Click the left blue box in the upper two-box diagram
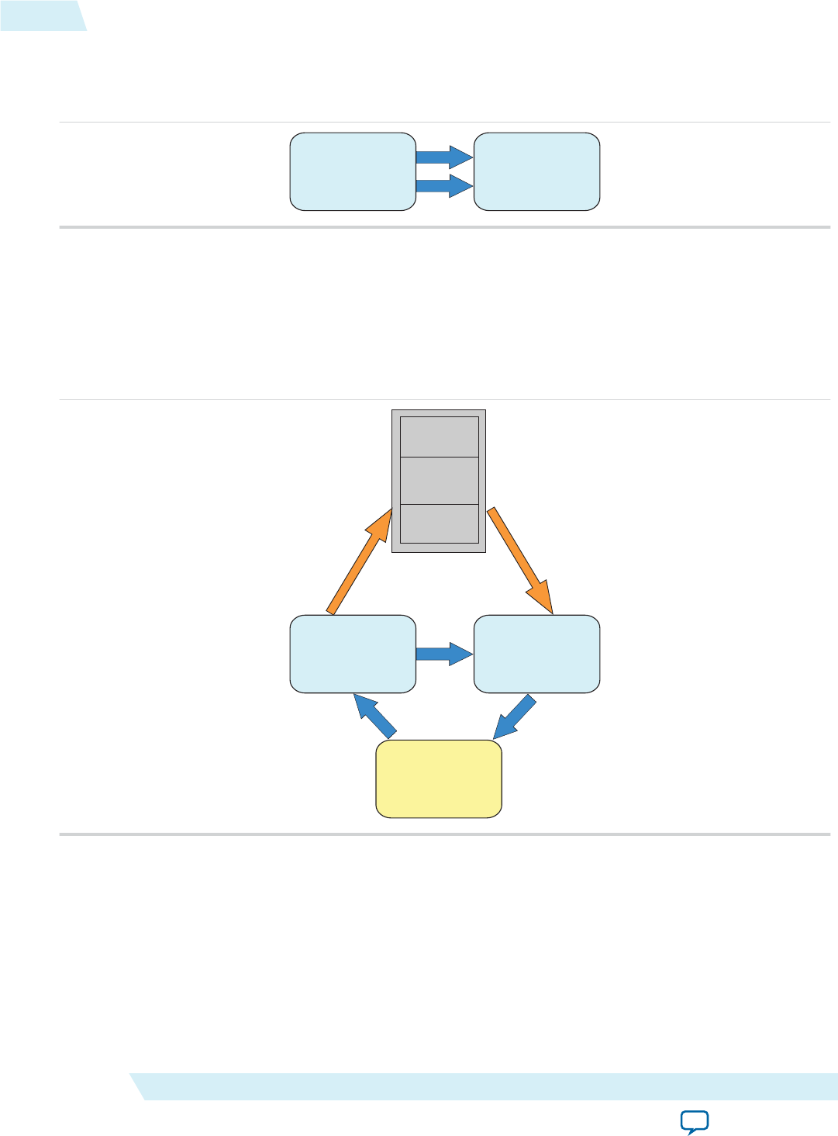[x=353, y=171]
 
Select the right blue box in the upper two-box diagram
[x=536, y=171]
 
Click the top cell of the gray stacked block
[x=439, y=437]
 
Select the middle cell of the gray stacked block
[x=439, y=480]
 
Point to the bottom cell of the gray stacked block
[x=439, y=523]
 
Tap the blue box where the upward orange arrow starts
[x=353, y=654]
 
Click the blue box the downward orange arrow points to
[x=536, y=654]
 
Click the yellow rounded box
[x=439, y=779]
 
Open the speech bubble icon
[x=695, y=1121]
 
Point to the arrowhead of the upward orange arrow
[x=382, y=523]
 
